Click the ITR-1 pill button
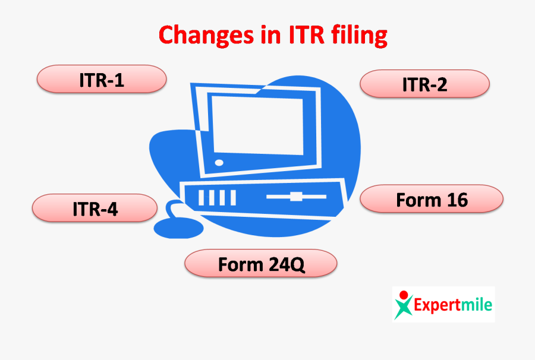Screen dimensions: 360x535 tap(101, 80)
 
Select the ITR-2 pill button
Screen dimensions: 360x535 tap(424, 84)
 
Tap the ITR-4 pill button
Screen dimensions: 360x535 tap(95, 209)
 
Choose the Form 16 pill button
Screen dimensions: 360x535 tap(432, 200)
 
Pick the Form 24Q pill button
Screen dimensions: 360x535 tap(261, 264)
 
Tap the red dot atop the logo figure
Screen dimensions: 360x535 tap(404, 294)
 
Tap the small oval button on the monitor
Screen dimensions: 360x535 tap(219, 162)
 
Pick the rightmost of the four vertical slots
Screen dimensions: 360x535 tap(232, 197)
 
